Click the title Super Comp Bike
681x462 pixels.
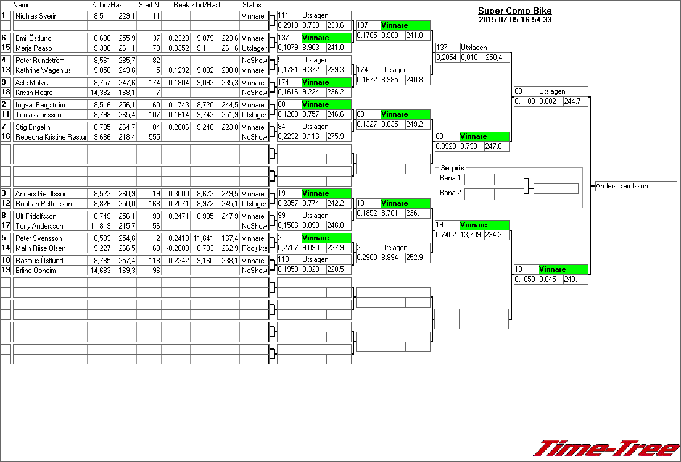[x=514, y=10]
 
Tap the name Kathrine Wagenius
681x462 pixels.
[x=43, y=70]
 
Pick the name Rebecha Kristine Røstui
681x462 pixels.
[x=51, y=137]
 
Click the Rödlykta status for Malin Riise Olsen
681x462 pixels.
[x=254, y=248]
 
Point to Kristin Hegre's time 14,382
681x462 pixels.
[x=101, y=93]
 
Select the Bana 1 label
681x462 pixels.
[x=450, y=178]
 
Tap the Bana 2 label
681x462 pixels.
[x=450, y=193]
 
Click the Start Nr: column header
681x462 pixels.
[x=151, y=5]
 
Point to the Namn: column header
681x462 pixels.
[x=22, y=5]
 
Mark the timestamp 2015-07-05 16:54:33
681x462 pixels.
[x=514, y=20]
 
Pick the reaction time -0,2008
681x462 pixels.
[x=175, y=248]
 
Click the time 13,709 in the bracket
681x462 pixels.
[x=472, y=235]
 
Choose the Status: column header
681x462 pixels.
[x=252, y=5]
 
